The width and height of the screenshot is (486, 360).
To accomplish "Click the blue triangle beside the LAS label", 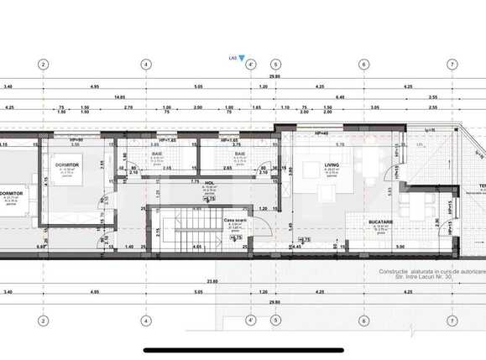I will tap(243, 60).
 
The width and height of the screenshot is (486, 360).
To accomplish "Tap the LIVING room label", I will tap(333, 164).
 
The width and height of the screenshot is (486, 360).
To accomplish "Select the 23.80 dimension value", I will tap(212, 281).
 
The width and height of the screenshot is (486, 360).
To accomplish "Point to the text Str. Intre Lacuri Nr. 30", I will tap(416, 278).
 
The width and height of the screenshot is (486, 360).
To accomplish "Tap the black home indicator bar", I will tap(243, 350).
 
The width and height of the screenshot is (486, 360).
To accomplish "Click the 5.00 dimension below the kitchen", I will tap(401, 247).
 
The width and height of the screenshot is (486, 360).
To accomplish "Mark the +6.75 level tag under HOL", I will tap(209, 198).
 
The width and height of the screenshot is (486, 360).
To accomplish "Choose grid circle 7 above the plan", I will tap(452, 64).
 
